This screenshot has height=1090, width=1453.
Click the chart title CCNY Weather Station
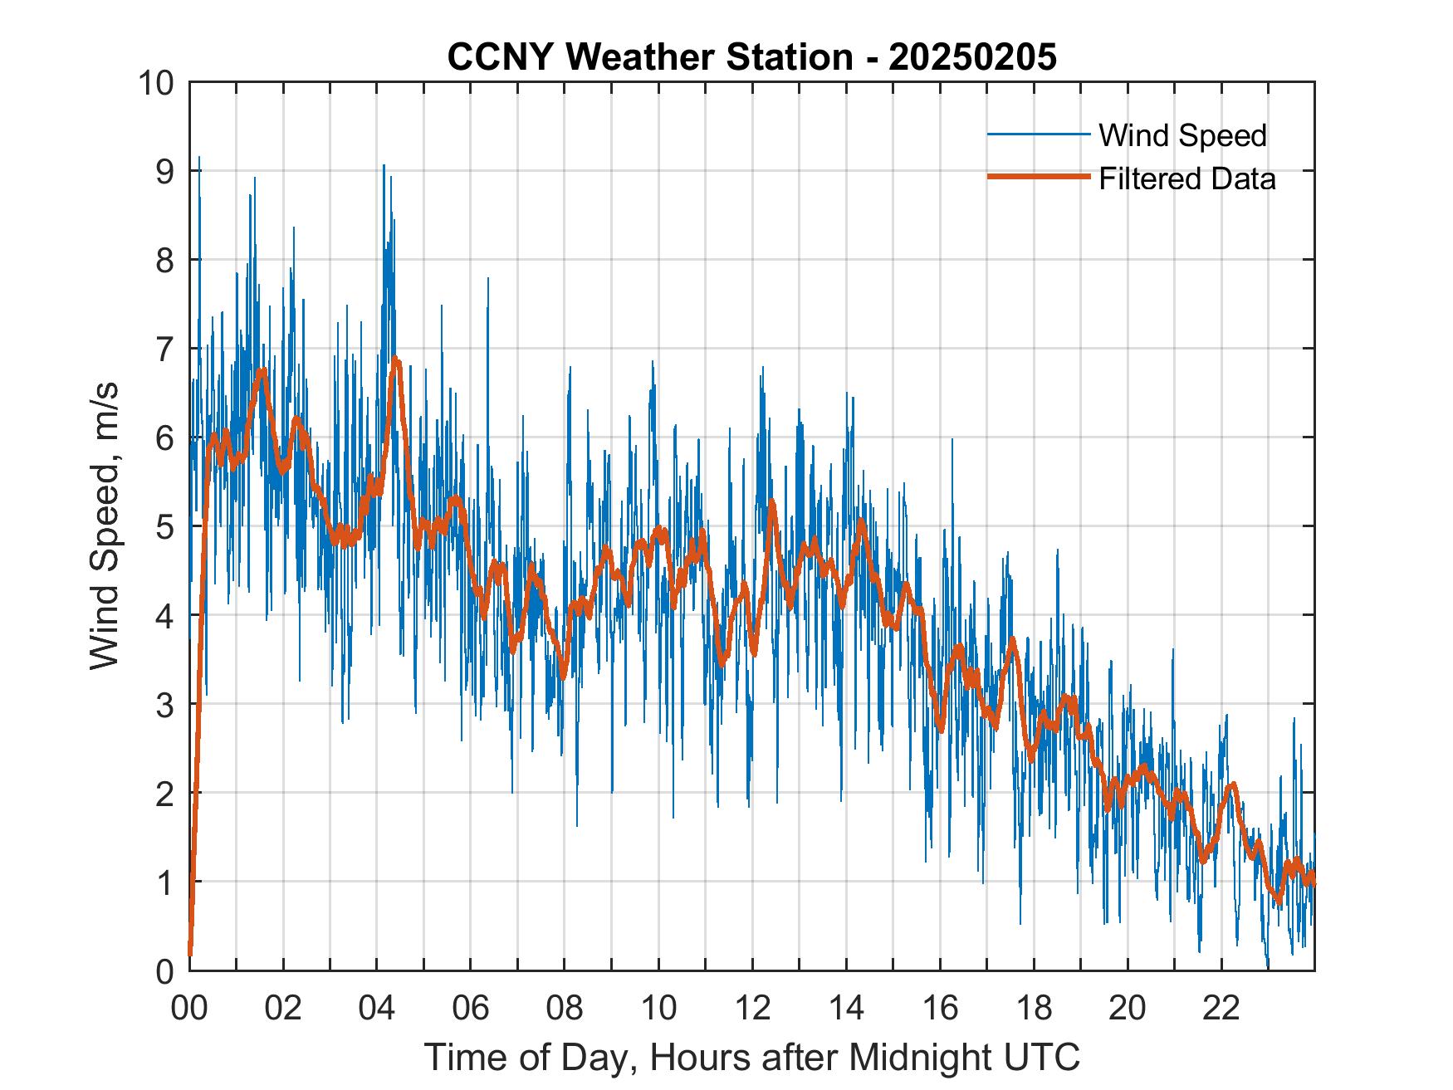[649, 57]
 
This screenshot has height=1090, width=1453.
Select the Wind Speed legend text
[1182, 135]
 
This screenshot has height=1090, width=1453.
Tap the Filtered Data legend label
[1186, 178]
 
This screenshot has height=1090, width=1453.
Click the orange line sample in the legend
[1038, 178]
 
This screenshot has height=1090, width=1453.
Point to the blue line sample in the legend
[1038, 134]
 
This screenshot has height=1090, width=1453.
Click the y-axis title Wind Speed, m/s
[105, 525]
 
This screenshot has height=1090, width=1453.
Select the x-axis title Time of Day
[752, 1058]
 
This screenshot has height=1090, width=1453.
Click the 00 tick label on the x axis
[189, 1009]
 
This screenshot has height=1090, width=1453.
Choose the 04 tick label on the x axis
[377, 1009]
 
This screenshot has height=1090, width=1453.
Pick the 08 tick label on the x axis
[565, 1009]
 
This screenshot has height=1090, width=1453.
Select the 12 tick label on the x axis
[752, 1009]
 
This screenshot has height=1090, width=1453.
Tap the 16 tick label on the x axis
[940, 1009]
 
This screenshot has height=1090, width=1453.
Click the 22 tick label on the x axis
[1221, 1009]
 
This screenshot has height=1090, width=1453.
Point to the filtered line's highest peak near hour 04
[396, 359]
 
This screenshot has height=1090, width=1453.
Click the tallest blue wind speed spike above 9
[198, 158]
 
